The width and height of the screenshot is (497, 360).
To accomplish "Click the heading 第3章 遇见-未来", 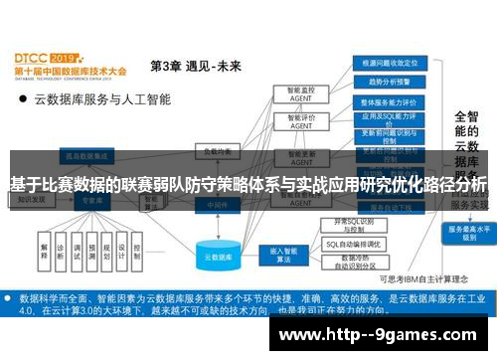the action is (196, 66).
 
